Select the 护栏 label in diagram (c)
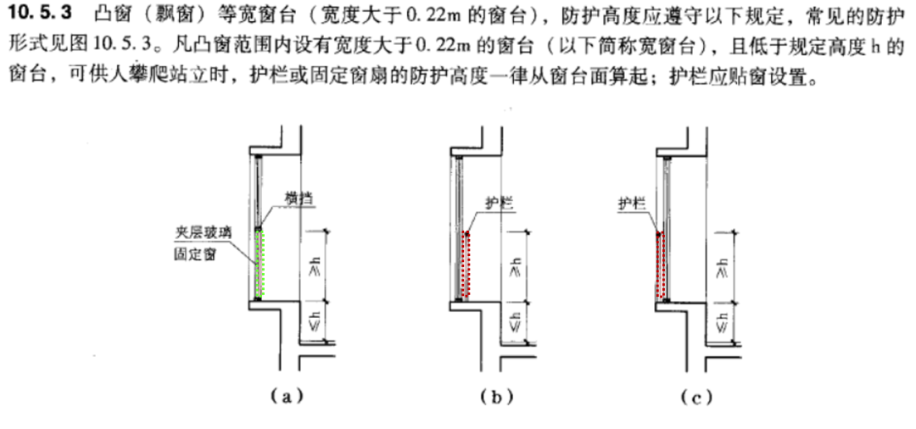click(x=634, y=203)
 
